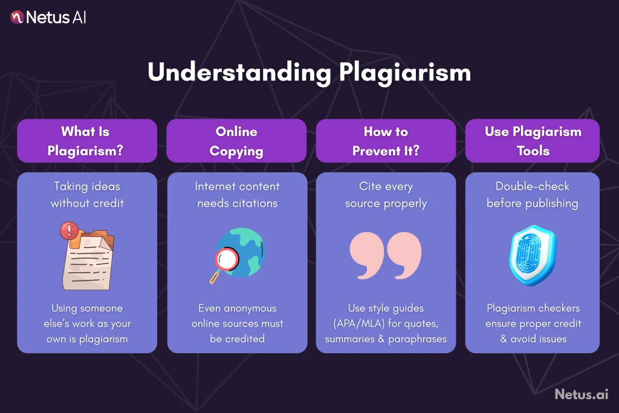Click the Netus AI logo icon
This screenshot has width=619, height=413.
pos(17,17)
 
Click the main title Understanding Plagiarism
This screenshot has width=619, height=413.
pos(309,73)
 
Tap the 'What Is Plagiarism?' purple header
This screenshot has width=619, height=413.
pos(87,141)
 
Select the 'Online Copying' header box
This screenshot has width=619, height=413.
pos(236,141)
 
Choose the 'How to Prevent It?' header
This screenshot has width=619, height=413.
pos(386,141)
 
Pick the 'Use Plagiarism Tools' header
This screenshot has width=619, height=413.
pos(533,141)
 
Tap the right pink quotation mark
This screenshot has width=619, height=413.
pos(404,255)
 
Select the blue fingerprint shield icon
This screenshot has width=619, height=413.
pos(533,255)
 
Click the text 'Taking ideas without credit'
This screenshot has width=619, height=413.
pos(87,195)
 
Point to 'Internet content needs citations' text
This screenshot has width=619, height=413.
pos(237,195)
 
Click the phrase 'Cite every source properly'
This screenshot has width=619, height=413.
pos(386,195)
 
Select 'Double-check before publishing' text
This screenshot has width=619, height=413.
pos(533,195)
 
